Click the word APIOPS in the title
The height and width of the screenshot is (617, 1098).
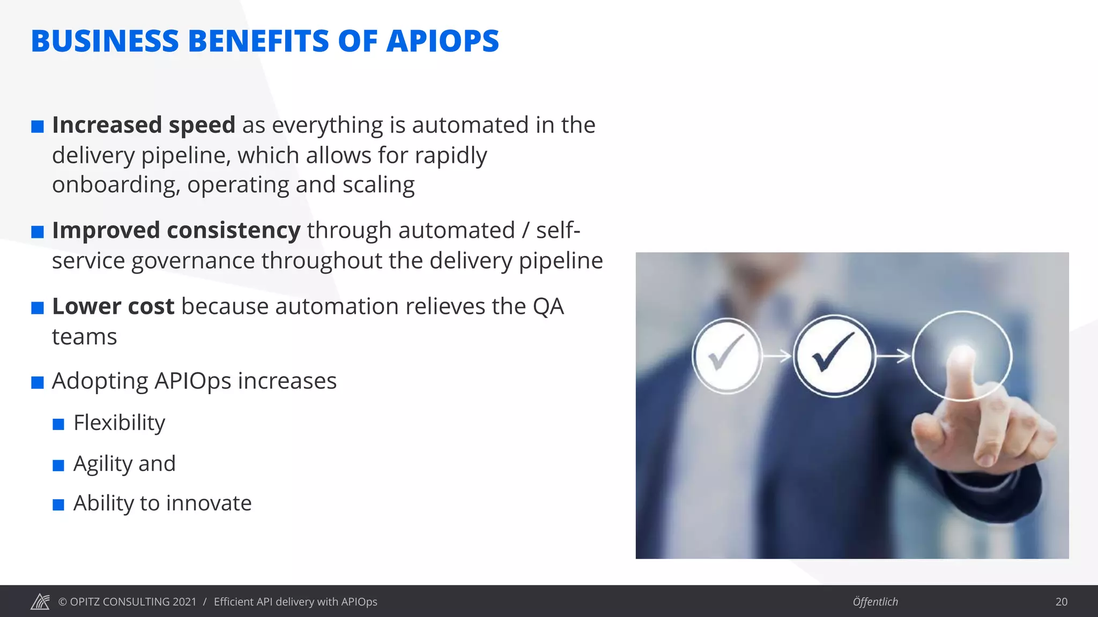click(442, 41)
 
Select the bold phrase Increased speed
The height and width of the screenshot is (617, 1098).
click(144, 125)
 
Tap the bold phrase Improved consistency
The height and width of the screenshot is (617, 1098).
click(176, 231)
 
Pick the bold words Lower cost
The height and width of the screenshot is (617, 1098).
click(113, 307)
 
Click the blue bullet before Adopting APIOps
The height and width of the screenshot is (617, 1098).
click(38, 382)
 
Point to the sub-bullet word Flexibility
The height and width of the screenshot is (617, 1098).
click(119, 423)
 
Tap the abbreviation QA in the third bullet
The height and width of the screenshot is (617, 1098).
click(548, 307)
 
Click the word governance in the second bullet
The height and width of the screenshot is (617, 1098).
click(193, 261)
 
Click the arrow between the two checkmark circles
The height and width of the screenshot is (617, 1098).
click(777, 355)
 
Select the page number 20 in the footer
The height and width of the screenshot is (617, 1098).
click(1061, 601)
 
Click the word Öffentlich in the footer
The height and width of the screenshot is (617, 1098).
click(875, 601)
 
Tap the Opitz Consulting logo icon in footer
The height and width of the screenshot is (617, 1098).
click(40, 601)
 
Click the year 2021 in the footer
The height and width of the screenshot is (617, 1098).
click(184, 601)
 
